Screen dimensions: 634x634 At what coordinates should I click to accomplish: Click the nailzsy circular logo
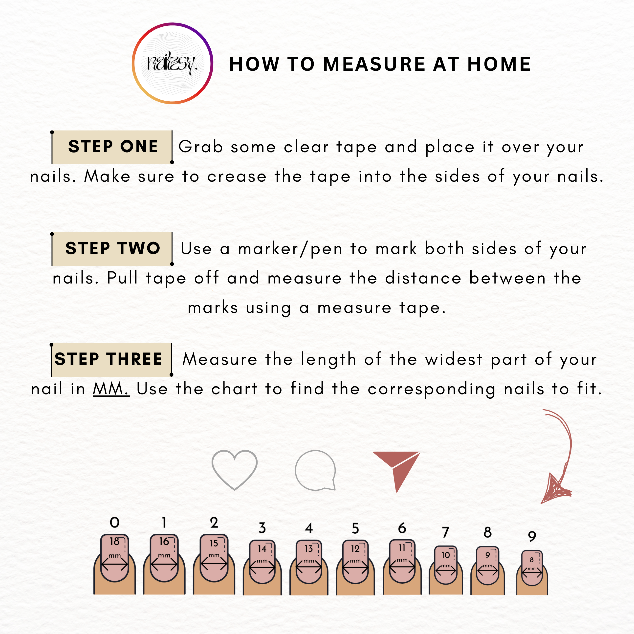pos(173,63)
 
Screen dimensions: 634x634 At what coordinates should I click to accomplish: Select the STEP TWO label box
pos(112,248)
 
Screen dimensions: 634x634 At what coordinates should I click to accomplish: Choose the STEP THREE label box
pos(111,359)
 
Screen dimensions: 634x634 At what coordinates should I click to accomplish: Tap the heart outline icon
pos(235,470)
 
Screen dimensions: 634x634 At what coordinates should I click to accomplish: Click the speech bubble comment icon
pos(315,470)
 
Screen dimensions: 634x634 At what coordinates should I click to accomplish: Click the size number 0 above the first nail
pos(114,523)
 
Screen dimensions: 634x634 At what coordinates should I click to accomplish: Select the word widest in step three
pos(454,359)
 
